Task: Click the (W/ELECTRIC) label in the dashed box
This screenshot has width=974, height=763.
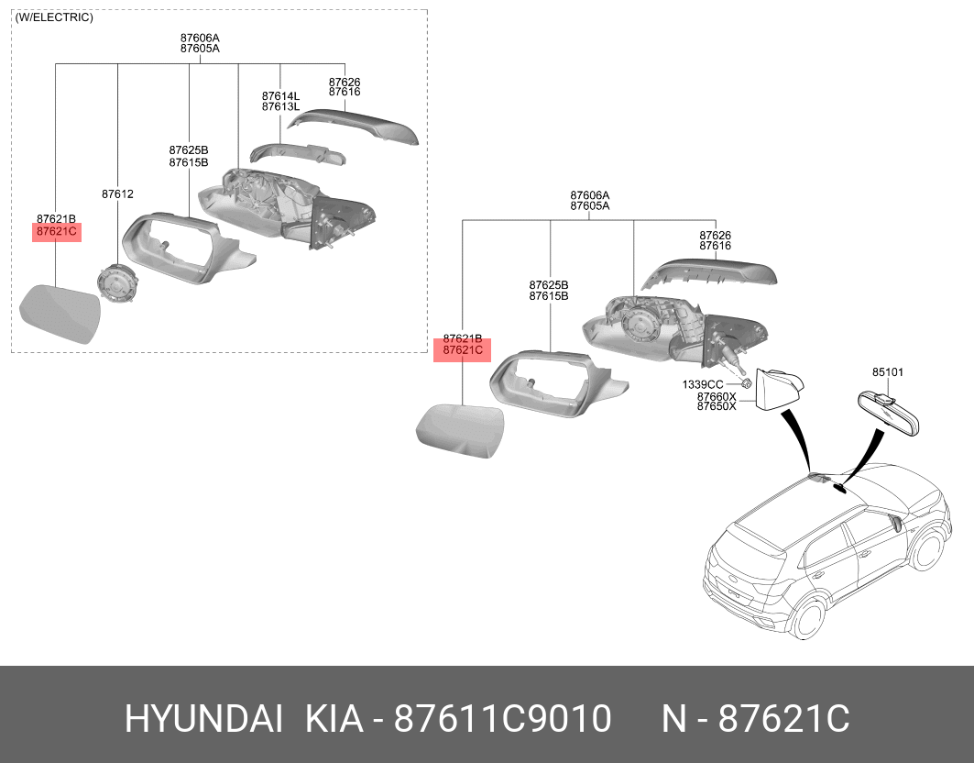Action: [54, 17]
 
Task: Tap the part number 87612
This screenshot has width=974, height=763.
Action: [117, 194]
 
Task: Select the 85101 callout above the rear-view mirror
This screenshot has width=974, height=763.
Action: [887, 372]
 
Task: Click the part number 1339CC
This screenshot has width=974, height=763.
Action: [703, 384]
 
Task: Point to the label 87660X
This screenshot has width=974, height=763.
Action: [717, 396]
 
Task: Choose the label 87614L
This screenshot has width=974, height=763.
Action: [280, 95]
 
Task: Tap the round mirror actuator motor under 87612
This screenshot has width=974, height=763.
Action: [117, 283]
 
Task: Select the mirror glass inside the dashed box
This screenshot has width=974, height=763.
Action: [60, 313]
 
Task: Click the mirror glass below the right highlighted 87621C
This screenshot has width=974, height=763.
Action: [462, 429]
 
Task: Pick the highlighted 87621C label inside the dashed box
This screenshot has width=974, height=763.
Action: [57, 231]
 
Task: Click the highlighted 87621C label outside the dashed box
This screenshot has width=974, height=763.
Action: [462, 350]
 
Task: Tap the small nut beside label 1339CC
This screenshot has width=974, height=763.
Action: [747, 383]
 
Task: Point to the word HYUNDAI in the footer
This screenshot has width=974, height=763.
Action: [203, 720]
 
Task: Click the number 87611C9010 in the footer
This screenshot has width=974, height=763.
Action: [502, 720]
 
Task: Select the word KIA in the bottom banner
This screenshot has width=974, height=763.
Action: [337, 720]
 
